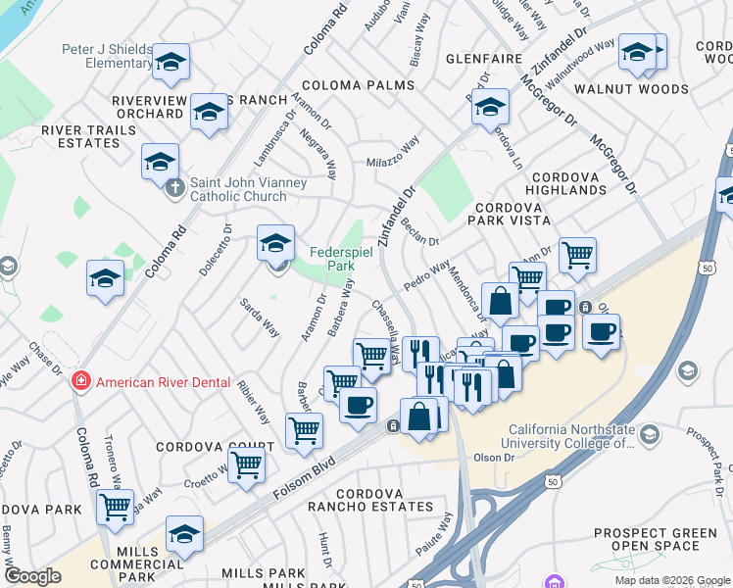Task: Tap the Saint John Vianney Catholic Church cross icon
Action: (x=174, y=186)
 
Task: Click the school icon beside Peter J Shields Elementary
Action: (x=171, y=65)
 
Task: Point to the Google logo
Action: (x=32, y=576)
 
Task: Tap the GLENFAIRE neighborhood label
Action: (x=483, y=59)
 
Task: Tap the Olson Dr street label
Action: (x=494, y=458)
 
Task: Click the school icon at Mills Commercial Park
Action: (x=183, y=533)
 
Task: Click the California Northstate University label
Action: (x=584, y=436)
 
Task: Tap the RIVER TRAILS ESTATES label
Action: (x=79, y=136)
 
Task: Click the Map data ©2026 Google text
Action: (x=672, y=580)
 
